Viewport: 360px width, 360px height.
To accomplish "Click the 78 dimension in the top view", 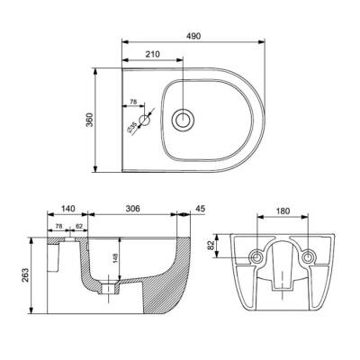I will tap(134, 103).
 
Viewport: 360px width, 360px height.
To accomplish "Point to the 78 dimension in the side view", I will tap(59, 227).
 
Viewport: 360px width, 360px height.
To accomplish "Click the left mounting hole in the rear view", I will tap(258, 257).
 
